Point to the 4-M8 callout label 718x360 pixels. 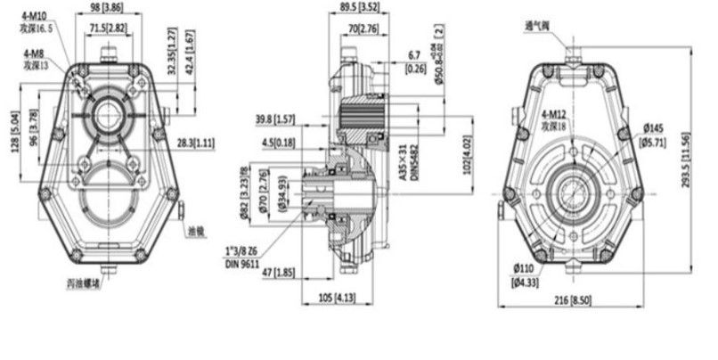[x=36, y=54]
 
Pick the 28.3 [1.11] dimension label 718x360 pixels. [x=194, y=142]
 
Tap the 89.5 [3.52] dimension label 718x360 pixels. [x=354, y=6]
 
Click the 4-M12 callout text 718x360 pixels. [x=554, y=117]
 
